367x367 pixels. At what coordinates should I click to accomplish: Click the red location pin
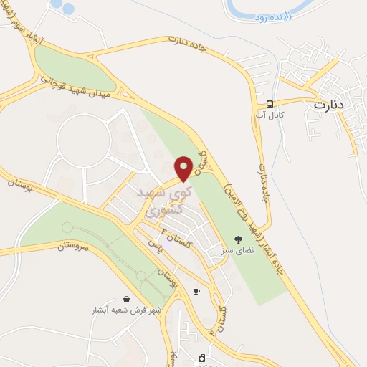click(x=183, y=168)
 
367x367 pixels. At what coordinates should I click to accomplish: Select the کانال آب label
click(x=272, y=115)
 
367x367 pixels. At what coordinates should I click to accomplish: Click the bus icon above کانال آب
click(x=272, y=103)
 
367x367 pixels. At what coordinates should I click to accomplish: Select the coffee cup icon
click(x=196, y=291)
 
